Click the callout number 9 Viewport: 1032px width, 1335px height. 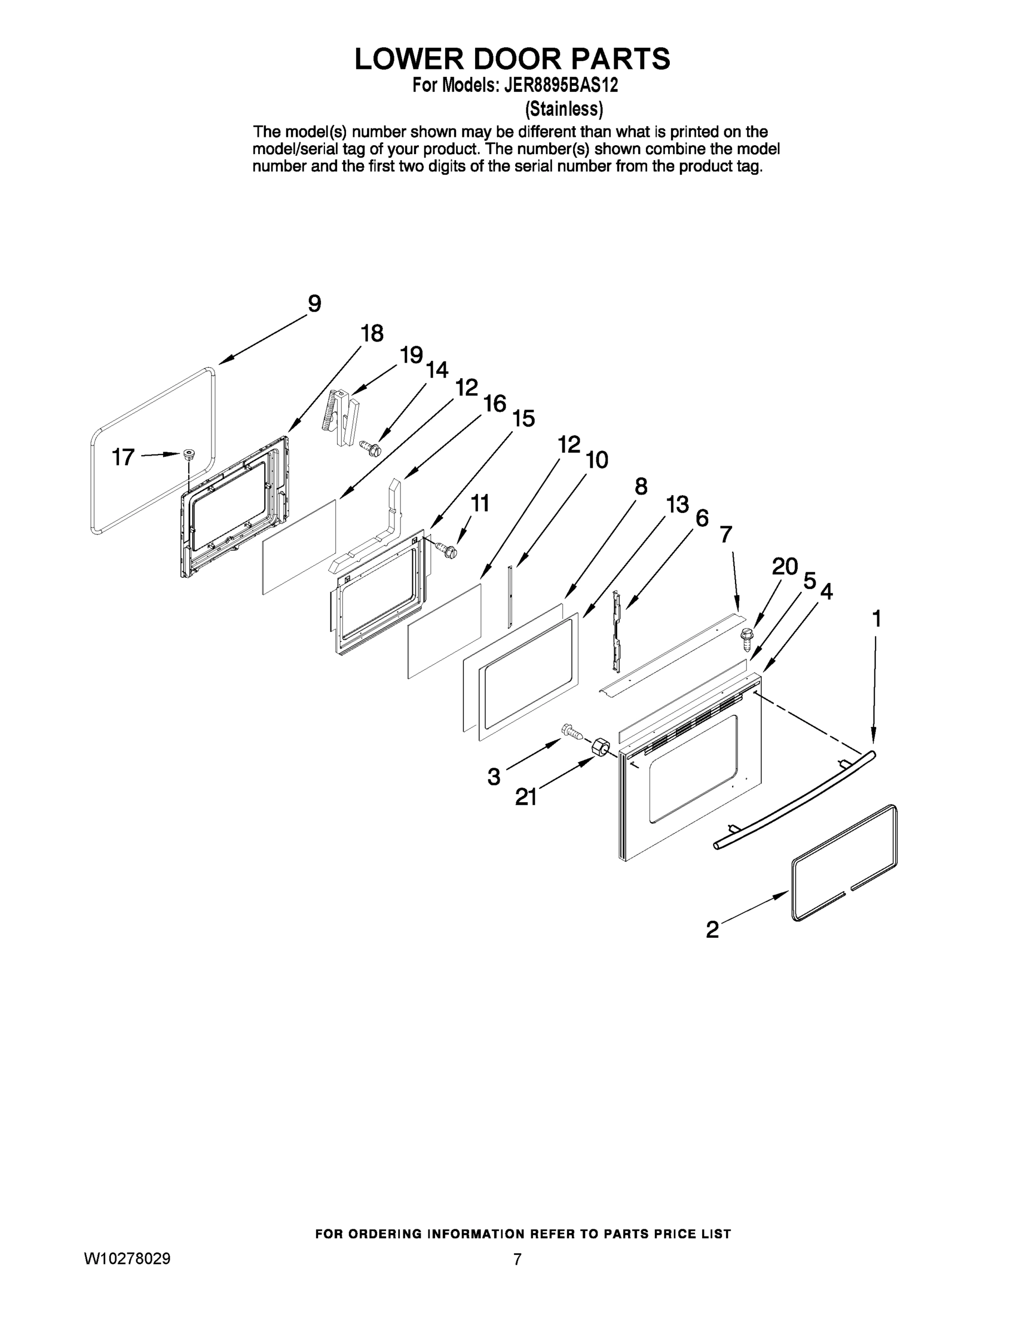pyautogui.click(x=314, y=304)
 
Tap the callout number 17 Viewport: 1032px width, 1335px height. pyautogui.click(x=123, y=457)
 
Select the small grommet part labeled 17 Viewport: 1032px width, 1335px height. pyautogui.click(x=189, y=453)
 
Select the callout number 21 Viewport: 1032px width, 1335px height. pyautogui.click(x=526, y=797)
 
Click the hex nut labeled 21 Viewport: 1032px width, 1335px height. pyautogui.click(x=600, y=746)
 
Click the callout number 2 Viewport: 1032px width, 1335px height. pyautogui.click(x=712, y=929)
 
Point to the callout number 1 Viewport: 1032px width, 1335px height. pyautogui.click(x=876, y=619)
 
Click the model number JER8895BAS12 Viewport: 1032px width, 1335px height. pyautogui.click(x=561, y=85)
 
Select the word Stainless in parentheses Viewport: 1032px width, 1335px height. pyautogui.click(x=564, y=109)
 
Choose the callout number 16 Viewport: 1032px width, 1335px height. pyautogui.click(x=495, y=403)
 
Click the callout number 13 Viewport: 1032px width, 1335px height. pyautogui.click(x=678, y=505)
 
